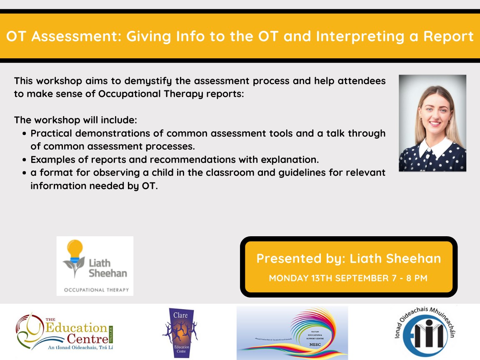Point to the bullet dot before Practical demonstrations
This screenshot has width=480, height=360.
pyautogui.click(x=25, y=134)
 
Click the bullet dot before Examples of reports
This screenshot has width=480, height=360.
pyautogui.click(x=25, y=160)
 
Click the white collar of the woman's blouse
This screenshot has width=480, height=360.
pyautogui.click(x=433, y=145)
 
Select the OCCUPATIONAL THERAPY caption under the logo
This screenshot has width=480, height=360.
pyautogui.click(x=96, y=290)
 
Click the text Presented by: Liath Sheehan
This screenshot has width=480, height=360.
pyautogui.click(x=348, y=258)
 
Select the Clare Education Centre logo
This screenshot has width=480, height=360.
pyautogui.click(x=180, y=332)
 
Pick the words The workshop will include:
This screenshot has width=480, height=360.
pyautogui.click(x=75, y=120)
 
